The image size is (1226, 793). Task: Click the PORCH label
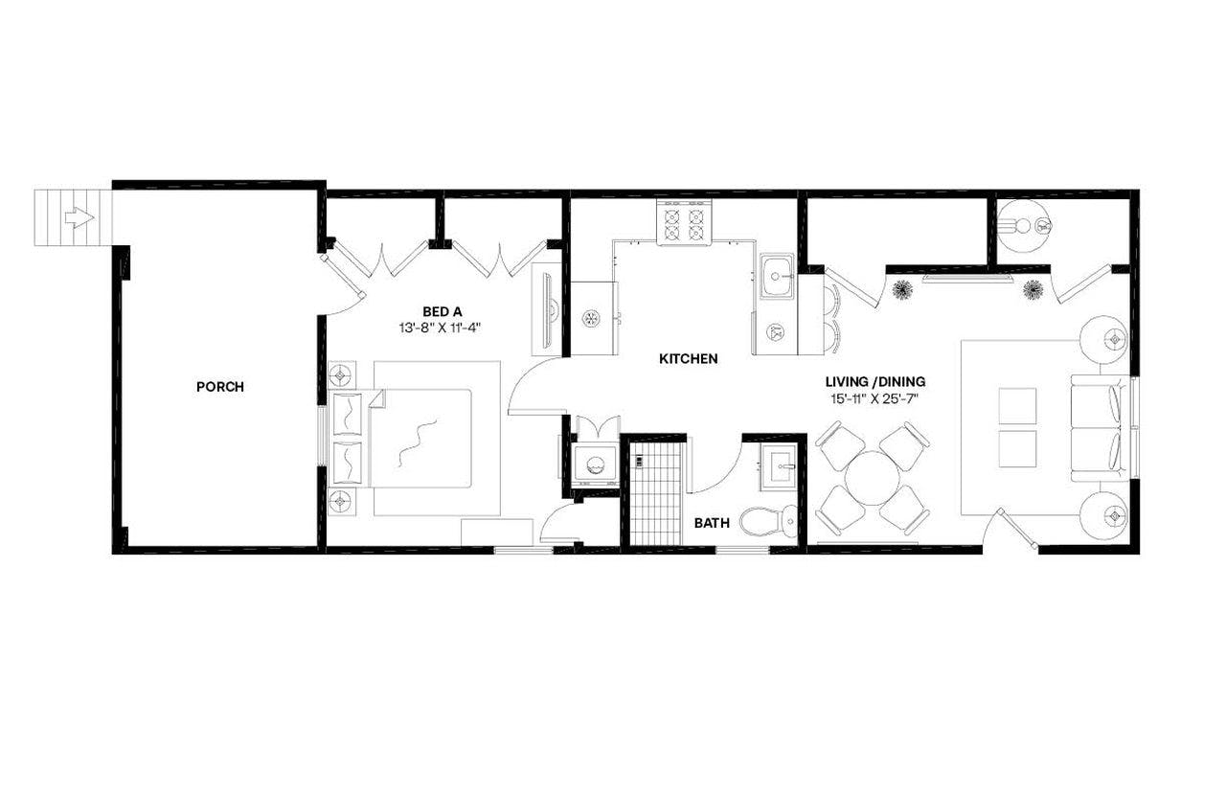pos(219,387)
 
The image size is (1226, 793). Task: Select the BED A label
pos(443,310)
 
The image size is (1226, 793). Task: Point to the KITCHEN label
pos(688,359)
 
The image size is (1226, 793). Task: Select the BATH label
pos(712,524)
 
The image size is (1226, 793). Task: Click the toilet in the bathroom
pos(772,521)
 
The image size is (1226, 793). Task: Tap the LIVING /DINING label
pos(874,381)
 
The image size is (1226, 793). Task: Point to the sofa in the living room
pos(1098,428)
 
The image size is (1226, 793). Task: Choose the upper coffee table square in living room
pos(1017,406)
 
